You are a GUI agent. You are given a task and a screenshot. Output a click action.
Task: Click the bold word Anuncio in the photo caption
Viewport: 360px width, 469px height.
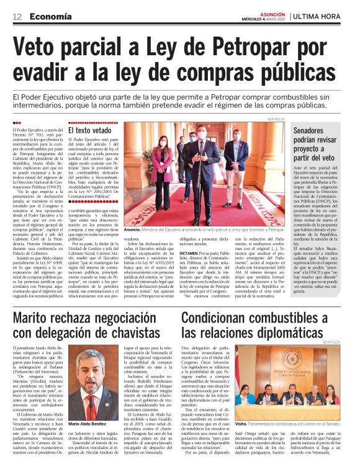point(134,230)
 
